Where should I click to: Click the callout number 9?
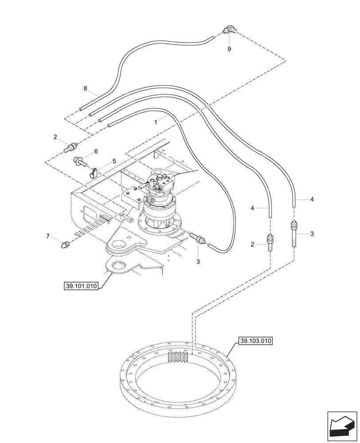click(x=229, y=49)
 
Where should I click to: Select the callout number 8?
click(x=85, y=89)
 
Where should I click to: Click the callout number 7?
click(x=48, y=237)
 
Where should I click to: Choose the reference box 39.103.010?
click(x=256, y=341)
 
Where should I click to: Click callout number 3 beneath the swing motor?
click(x=198, y=261)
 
